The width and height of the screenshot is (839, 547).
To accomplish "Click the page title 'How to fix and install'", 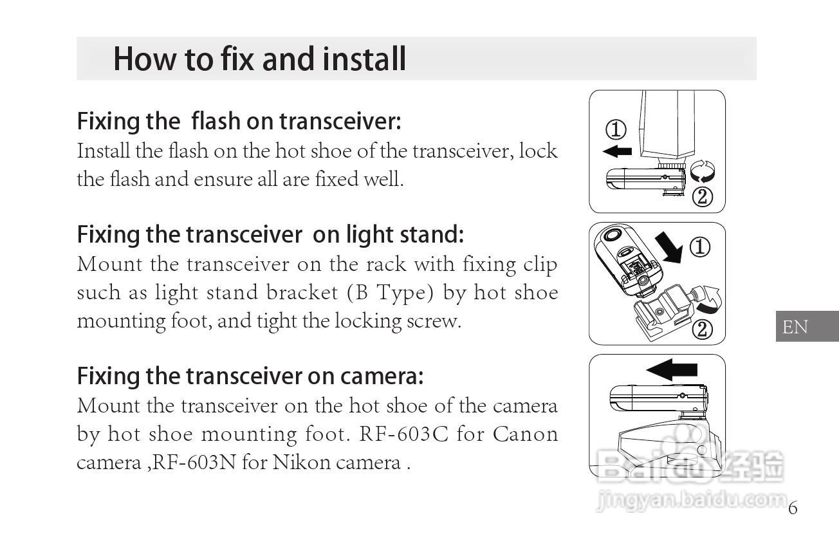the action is (259, 59).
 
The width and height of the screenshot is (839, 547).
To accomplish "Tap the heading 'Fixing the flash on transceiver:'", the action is (239, 121).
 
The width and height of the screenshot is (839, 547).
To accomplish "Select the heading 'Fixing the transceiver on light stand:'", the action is (270, 234).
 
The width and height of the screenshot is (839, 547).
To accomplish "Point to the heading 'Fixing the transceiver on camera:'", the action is (250, 376).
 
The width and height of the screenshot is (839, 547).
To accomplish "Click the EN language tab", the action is (807, 326).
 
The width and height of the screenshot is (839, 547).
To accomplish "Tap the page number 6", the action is (793, 508).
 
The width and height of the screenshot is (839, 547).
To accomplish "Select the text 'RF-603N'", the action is (194, 462).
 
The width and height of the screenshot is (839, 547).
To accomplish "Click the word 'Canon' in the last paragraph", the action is (525, 434).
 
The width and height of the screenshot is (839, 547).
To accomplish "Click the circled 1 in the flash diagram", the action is (616, 129).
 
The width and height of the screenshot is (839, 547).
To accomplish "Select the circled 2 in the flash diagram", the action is (703, 197).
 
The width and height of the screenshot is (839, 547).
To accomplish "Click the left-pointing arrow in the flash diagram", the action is (617, 151).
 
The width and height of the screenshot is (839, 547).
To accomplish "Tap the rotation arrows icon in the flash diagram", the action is (702, 171).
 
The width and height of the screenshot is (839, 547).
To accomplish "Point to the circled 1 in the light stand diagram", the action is (699, 247).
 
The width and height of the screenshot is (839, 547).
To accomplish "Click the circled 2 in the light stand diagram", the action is (703, 329).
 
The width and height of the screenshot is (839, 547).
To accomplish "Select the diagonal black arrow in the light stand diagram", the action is (669, 248).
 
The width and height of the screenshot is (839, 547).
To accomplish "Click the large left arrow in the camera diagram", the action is (672, 369).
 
